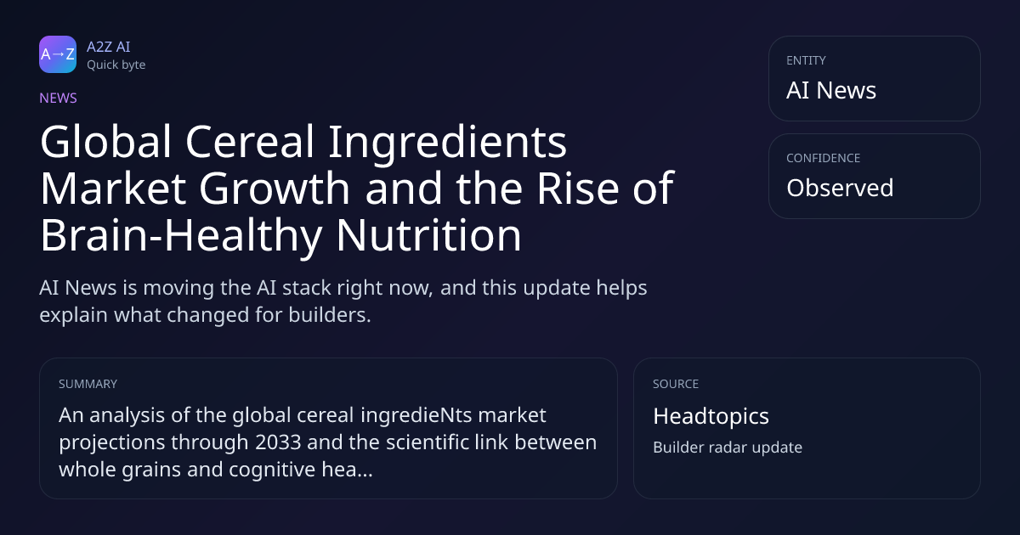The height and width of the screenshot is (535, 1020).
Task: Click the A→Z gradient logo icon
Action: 58,54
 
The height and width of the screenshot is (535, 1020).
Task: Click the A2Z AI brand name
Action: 109,47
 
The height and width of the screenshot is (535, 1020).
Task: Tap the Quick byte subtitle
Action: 116,65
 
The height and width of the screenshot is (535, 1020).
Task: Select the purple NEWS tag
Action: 59,99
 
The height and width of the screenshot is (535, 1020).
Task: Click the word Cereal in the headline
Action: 250,142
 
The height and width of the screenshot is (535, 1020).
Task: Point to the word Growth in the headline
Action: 275,189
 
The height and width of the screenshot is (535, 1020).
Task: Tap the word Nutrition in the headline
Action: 428,235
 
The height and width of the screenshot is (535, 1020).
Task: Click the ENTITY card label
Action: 806,60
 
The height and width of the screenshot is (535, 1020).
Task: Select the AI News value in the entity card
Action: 831,90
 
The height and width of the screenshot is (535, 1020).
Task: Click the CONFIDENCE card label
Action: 824,158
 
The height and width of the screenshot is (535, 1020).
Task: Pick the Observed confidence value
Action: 840,188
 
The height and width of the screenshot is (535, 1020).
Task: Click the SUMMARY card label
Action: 88,384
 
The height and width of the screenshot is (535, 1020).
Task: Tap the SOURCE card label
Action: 676,384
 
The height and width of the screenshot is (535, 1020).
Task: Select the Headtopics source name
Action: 711,416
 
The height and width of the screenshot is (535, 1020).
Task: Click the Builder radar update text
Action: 728,448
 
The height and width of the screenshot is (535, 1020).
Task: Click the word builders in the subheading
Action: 330,315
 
